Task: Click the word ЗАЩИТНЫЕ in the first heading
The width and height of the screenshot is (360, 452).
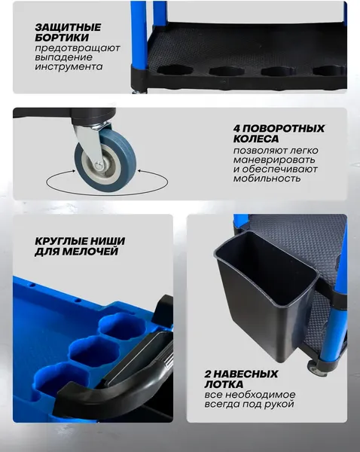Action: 68,27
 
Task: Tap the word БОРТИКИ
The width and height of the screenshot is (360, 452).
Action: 62,38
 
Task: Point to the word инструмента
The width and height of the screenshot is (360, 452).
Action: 69,66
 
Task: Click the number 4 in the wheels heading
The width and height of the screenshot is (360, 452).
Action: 237,128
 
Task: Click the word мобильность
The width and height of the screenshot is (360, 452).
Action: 267,179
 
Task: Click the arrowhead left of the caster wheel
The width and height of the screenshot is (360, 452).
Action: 73,171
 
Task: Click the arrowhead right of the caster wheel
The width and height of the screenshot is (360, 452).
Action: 140,171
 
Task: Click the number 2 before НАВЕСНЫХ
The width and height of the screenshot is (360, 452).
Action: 208,374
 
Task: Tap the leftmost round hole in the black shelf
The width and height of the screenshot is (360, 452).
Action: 175,70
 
